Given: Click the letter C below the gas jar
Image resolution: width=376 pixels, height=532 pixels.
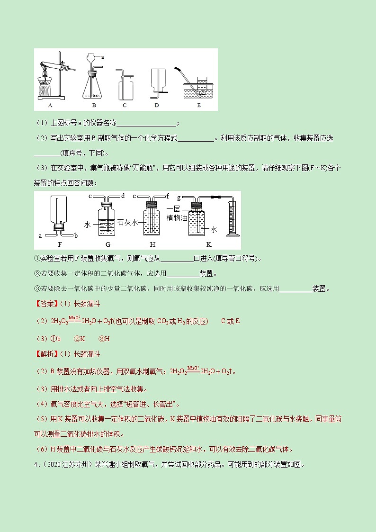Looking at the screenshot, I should coord(125,105).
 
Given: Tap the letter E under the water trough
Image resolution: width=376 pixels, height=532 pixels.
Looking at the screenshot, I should coord(198,105).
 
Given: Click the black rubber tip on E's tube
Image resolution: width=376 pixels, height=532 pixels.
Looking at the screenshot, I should coord(180,69).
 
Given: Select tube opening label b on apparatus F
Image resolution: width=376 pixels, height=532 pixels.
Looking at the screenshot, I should coord(75,235).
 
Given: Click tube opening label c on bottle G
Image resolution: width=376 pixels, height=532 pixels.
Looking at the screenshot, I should coord(90,196).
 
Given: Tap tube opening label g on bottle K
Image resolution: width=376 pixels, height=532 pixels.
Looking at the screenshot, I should coord(178,196).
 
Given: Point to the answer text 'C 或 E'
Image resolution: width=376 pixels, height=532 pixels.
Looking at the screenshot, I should coord(231,321).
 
